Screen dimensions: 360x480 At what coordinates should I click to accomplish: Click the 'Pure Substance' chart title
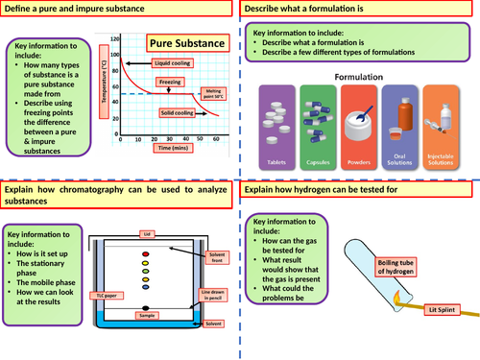tap(185, 45)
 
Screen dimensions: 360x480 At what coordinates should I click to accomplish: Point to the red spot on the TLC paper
tap(146, 228)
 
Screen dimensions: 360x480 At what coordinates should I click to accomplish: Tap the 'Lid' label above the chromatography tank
tap(146, 205)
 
